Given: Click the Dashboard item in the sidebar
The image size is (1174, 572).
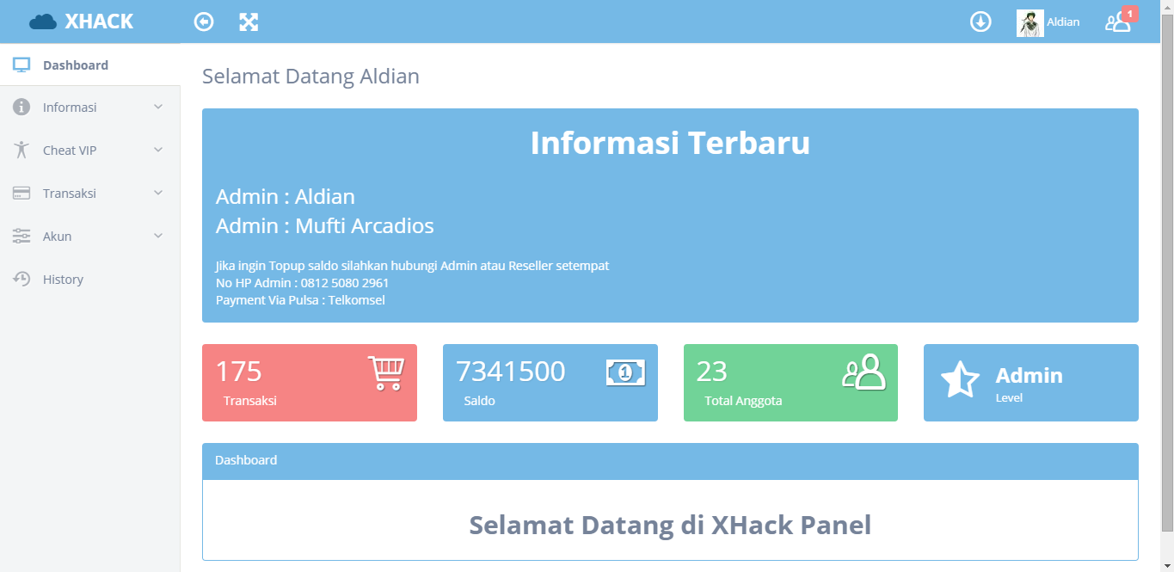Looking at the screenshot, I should (75, 65).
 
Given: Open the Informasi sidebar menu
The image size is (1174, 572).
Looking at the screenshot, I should (70, 108).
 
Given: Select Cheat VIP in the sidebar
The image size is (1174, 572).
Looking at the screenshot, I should (70, 151).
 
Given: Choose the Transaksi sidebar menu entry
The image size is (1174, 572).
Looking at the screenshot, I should (70, 194).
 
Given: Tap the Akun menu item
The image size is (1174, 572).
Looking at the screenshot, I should (57, 237).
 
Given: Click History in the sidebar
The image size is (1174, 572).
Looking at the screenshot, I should (63, 280).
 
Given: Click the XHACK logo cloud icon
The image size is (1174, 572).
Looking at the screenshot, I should (43, 22).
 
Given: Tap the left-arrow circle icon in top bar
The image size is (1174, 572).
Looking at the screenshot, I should (204, 22).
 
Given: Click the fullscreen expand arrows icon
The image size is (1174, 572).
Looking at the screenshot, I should (249, 22).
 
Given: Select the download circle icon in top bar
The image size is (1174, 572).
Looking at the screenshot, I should (980, 22).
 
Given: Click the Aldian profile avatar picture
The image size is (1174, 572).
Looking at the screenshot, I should (1030, 22).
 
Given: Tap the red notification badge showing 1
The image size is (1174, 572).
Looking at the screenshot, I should (1130, 14).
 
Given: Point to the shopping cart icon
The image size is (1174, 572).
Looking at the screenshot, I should (386, 373).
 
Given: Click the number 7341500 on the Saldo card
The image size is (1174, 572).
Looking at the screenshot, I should (511, 372).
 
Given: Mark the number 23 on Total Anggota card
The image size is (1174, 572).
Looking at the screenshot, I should (712, 372).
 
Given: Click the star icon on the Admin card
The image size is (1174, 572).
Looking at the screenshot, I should (960, 379).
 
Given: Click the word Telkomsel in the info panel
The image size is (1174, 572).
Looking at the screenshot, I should (357, 300).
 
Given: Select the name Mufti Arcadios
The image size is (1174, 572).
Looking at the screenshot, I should (365, 226).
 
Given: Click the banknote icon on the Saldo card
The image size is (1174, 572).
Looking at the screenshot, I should (625, 372).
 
